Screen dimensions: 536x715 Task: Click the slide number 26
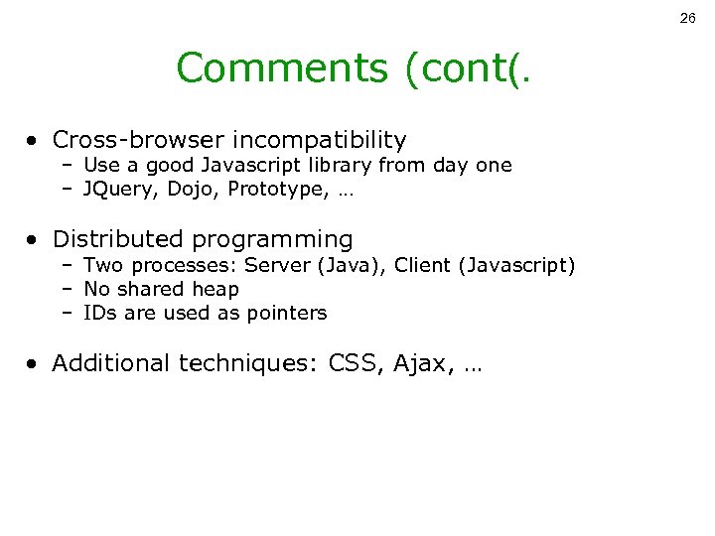(688, 19)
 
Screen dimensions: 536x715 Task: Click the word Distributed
(118, 239)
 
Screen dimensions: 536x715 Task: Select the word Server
(274, 264)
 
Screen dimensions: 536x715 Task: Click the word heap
(218, 289)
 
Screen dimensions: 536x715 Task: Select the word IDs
(99, 314)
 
